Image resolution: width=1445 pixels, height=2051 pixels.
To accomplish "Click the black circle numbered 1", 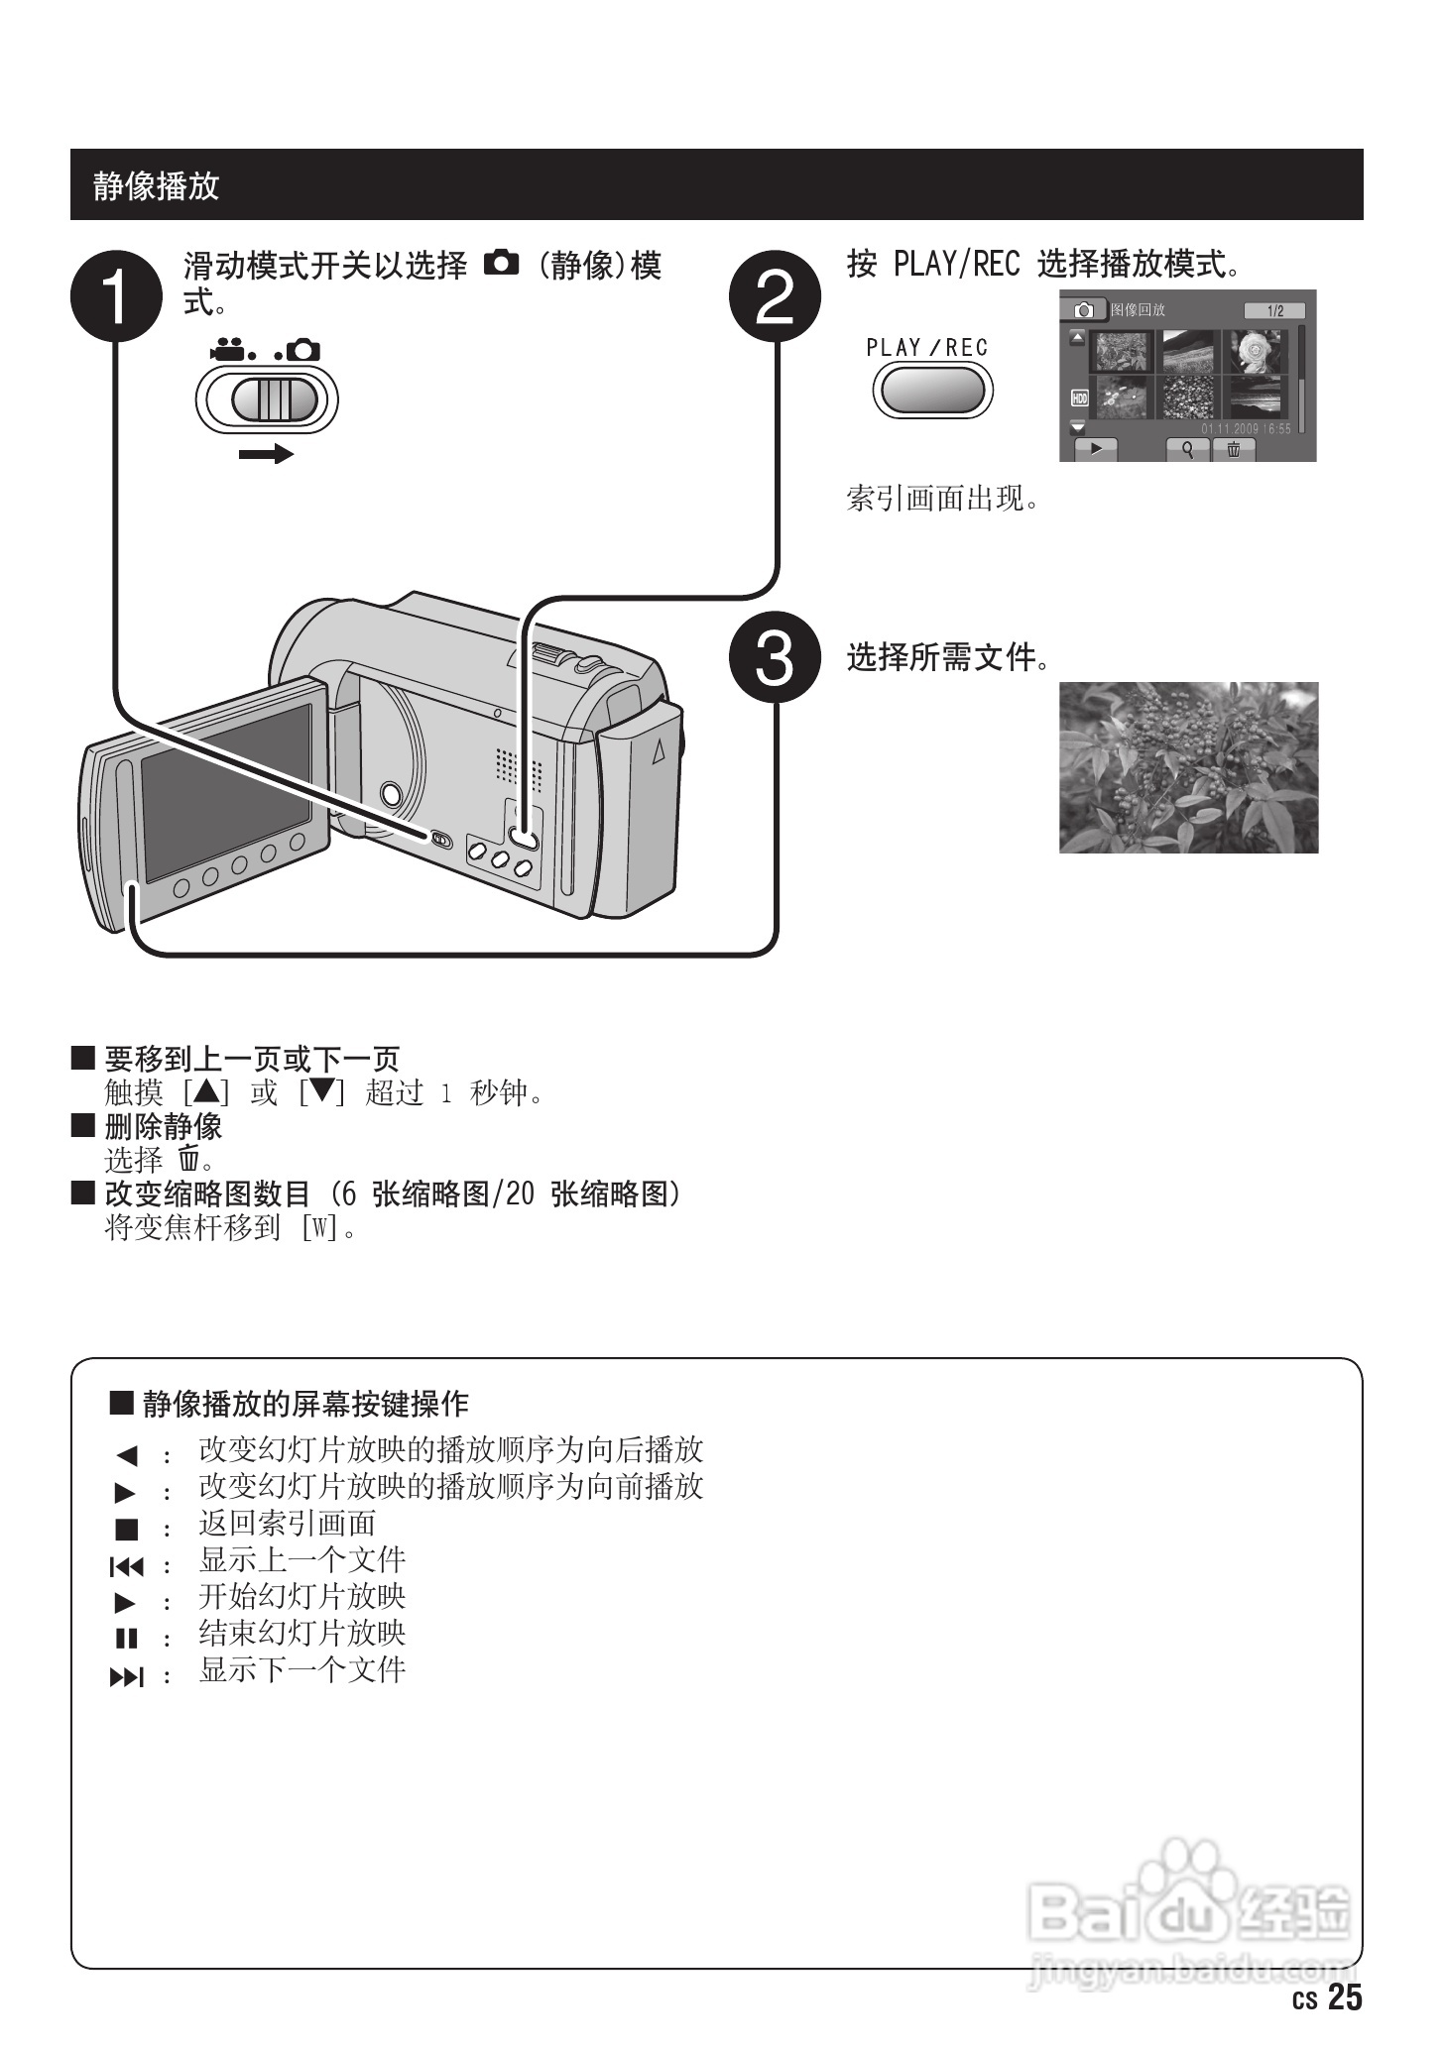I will pyautogui.click(x=116, y=295).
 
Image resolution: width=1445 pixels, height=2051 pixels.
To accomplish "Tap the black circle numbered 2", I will pyautogui.click(x=775, y=295).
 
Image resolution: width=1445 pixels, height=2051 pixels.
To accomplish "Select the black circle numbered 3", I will pyautogui.click(x=775, y=657).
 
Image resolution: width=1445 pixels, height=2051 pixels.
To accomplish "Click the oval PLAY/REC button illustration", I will pyautogui.click(x=931, y=390).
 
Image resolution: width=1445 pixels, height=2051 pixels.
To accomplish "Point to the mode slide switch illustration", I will pyautogui.click(x=267, y=400).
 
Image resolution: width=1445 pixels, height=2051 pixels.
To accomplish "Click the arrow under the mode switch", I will pyautogui.click(x=266, y=454).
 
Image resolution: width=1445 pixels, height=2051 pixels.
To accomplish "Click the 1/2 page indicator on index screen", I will pyautogui.click(x=1274, y=311).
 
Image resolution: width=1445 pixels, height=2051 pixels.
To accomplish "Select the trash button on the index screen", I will pyautogui.click(x=1234, y=449).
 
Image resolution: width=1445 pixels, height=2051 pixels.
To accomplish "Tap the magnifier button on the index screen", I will pyautogui.click(x=1187, y=449).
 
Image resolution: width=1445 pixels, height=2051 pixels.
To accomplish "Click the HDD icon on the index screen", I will pyautogui.click(x=1079, y=399).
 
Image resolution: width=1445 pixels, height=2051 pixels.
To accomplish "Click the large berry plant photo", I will pyautogui.click(x=1188, y=767).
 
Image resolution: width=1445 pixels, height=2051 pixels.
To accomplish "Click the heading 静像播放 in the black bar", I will pyautogui.click(x=156, y=185).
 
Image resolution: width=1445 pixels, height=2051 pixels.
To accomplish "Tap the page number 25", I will pyautogui.click(x=1345, y=1997).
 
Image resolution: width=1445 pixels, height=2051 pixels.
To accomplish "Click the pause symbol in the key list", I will pyautogui.click(x=126, y=1639).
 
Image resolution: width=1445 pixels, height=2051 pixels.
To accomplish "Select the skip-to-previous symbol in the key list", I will pyautogui.click(x=126, y=1566).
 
